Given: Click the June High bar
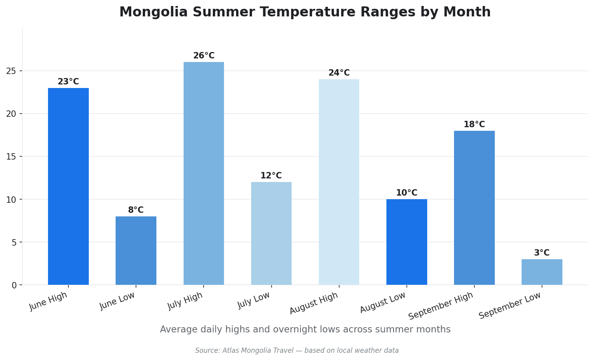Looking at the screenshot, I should [68, 186].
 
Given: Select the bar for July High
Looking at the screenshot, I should [204, 173].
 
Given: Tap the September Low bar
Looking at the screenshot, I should [542, 272].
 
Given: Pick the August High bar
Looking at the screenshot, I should [339, 182].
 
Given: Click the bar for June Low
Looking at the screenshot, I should [136, 250].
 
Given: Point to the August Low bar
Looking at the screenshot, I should [406, 242].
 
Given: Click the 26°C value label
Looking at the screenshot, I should [204, 56].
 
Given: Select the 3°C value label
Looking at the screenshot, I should [542, 253].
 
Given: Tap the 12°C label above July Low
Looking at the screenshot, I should [271, 176].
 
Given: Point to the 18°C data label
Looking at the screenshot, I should [474, 125].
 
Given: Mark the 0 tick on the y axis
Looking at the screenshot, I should [14, 285].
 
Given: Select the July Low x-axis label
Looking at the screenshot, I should [254, 300].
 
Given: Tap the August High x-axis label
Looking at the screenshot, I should [314, 303].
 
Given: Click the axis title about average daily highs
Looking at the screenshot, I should [305, 330].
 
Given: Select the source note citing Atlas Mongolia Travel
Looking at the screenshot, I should [297, 351].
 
